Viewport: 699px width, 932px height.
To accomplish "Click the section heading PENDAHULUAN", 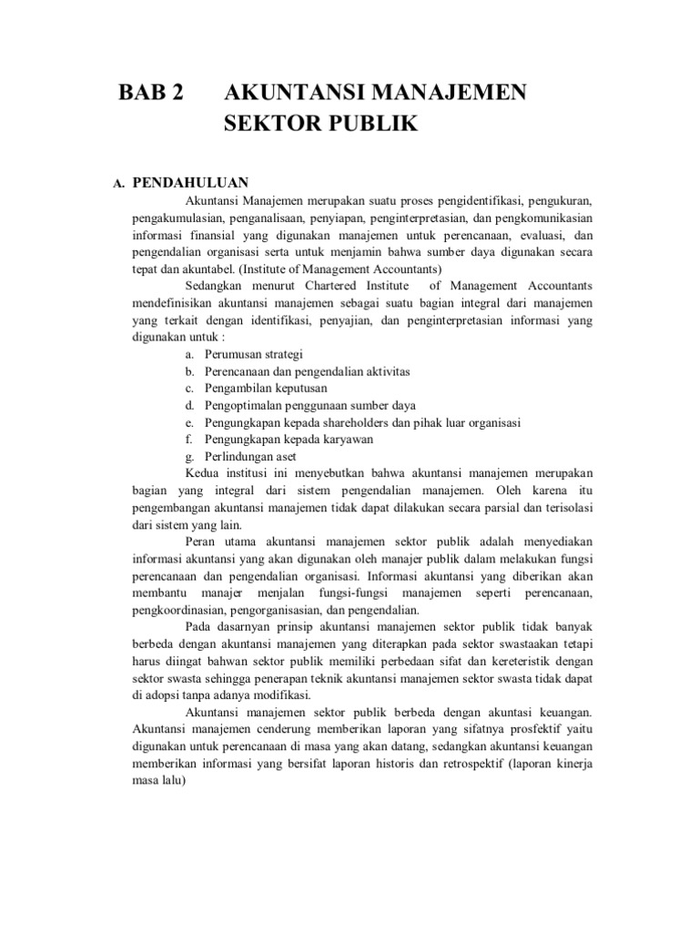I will pos(197,183).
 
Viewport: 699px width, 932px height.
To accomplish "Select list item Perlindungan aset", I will pos(250,456).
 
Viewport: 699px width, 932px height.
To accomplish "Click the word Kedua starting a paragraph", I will pos(202,473).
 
